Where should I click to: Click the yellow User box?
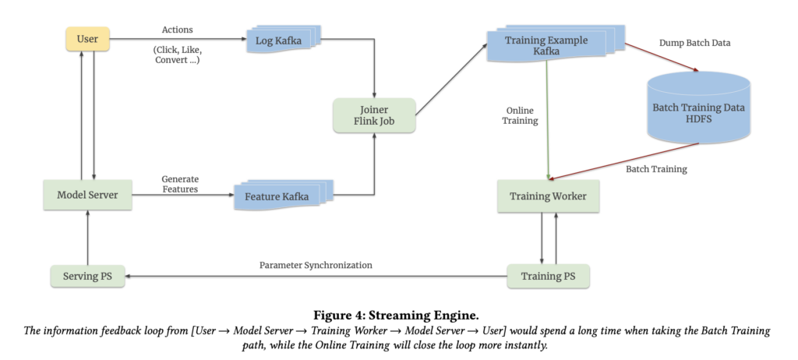[87, 39]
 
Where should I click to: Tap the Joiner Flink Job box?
[374, 115]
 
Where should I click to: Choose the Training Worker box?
[549, 196]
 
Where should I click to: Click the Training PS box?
[549, 276]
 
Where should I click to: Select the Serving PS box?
[87, 276]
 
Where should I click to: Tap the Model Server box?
[87, 196]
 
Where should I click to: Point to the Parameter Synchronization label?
[316, 265]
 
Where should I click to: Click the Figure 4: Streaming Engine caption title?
[397, 315]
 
